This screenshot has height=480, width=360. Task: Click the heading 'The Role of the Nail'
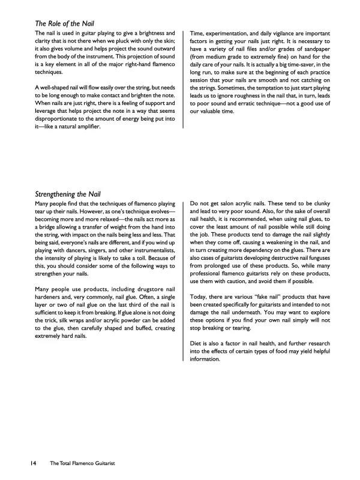68,23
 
